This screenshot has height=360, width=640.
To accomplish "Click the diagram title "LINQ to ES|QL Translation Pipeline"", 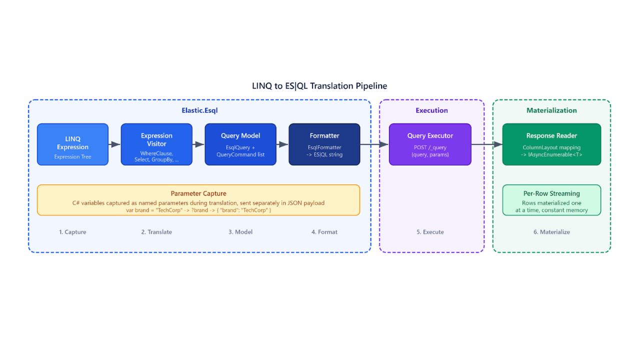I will [x=319, y=86].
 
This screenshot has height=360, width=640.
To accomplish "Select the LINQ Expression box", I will [x=72, y=144].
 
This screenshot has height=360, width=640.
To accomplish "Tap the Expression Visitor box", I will [x=156, y=144].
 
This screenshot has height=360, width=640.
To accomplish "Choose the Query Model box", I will [x=240, y=144].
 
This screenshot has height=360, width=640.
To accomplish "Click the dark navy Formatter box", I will [x=324, y=144].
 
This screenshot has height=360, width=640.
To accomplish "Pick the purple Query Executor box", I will [x=430, y=144].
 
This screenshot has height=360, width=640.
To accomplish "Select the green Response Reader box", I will [x=551, y=144].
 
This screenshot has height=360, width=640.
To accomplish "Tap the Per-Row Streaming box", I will [x=551, y=200].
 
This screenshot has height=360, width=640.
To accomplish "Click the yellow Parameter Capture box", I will [x=198, y=200].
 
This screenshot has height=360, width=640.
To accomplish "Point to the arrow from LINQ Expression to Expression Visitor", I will [x=114, y=144].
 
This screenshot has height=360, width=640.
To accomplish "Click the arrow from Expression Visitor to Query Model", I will [x=198, y=144].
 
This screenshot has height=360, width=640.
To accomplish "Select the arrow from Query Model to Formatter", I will [x=282, y=144].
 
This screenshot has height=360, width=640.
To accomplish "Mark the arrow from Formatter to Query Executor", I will [x=374, y=144].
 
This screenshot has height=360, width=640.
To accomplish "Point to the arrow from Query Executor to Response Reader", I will [x=486, y=144].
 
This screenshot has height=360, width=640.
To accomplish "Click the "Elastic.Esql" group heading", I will [x=199, y=110].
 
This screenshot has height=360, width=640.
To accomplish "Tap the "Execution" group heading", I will [x=431, y=110].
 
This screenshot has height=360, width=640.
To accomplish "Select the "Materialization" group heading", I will [x=551, y=110].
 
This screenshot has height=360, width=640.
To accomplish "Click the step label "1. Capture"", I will [x=72, y=232].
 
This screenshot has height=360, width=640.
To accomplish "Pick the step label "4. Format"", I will [x=324, y=232].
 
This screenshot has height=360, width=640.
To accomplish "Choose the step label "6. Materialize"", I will [x=551, y=232].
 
